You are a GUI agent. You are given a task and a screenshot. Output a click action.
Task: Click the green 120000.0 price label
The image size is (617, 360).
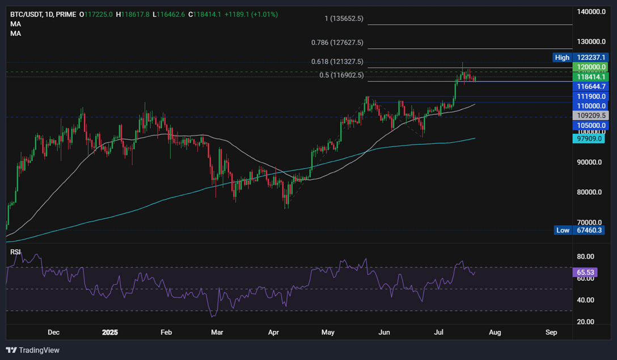click(590, 67)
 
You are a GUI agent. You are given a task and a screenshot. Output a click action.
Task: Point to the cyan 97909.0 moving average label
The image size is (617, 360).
click(590, 138)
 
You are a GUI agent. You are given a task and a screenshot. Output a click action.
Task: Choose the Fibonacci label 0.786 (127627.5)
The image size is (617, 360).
click(337, 43)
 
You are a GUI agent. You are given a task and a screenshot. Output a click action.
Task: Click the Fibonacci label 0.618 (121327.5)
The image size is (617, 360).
click(337, 61)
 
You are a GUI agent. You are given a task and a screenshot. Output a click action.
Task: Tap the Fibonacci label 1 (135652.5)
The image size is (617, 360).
click(344, 19)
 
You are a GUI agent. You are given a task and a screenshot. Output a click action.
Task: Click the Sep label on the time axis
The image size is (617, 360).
click(551, 332)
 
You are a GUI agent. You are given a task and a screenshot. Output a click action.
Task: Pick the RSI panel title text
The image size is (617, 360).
click(16, 251)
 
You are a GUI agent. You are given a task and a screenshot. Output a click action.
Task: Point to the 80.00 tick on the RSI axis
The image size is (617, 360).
click(585, 256)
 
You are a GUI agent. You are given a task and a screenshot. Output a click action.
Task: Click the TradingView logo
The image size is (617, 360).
click(33, 350)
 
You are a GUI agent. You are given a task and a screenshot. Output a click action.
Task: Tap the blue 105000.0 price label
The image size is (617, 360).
click(590, 125)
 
